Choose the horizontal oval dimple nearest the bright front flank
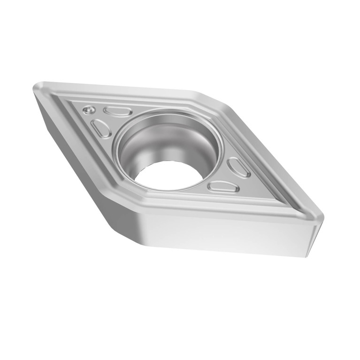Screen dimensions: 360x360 (x=223, y=187)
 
